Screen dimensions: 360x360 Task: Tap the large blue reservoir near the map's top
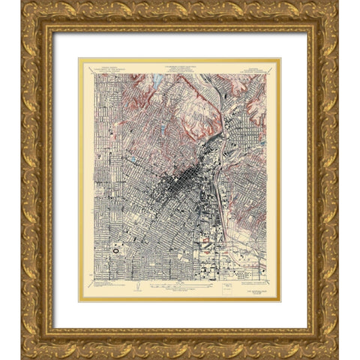160,78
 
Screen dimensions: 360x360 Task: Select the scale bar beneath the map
180,286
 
